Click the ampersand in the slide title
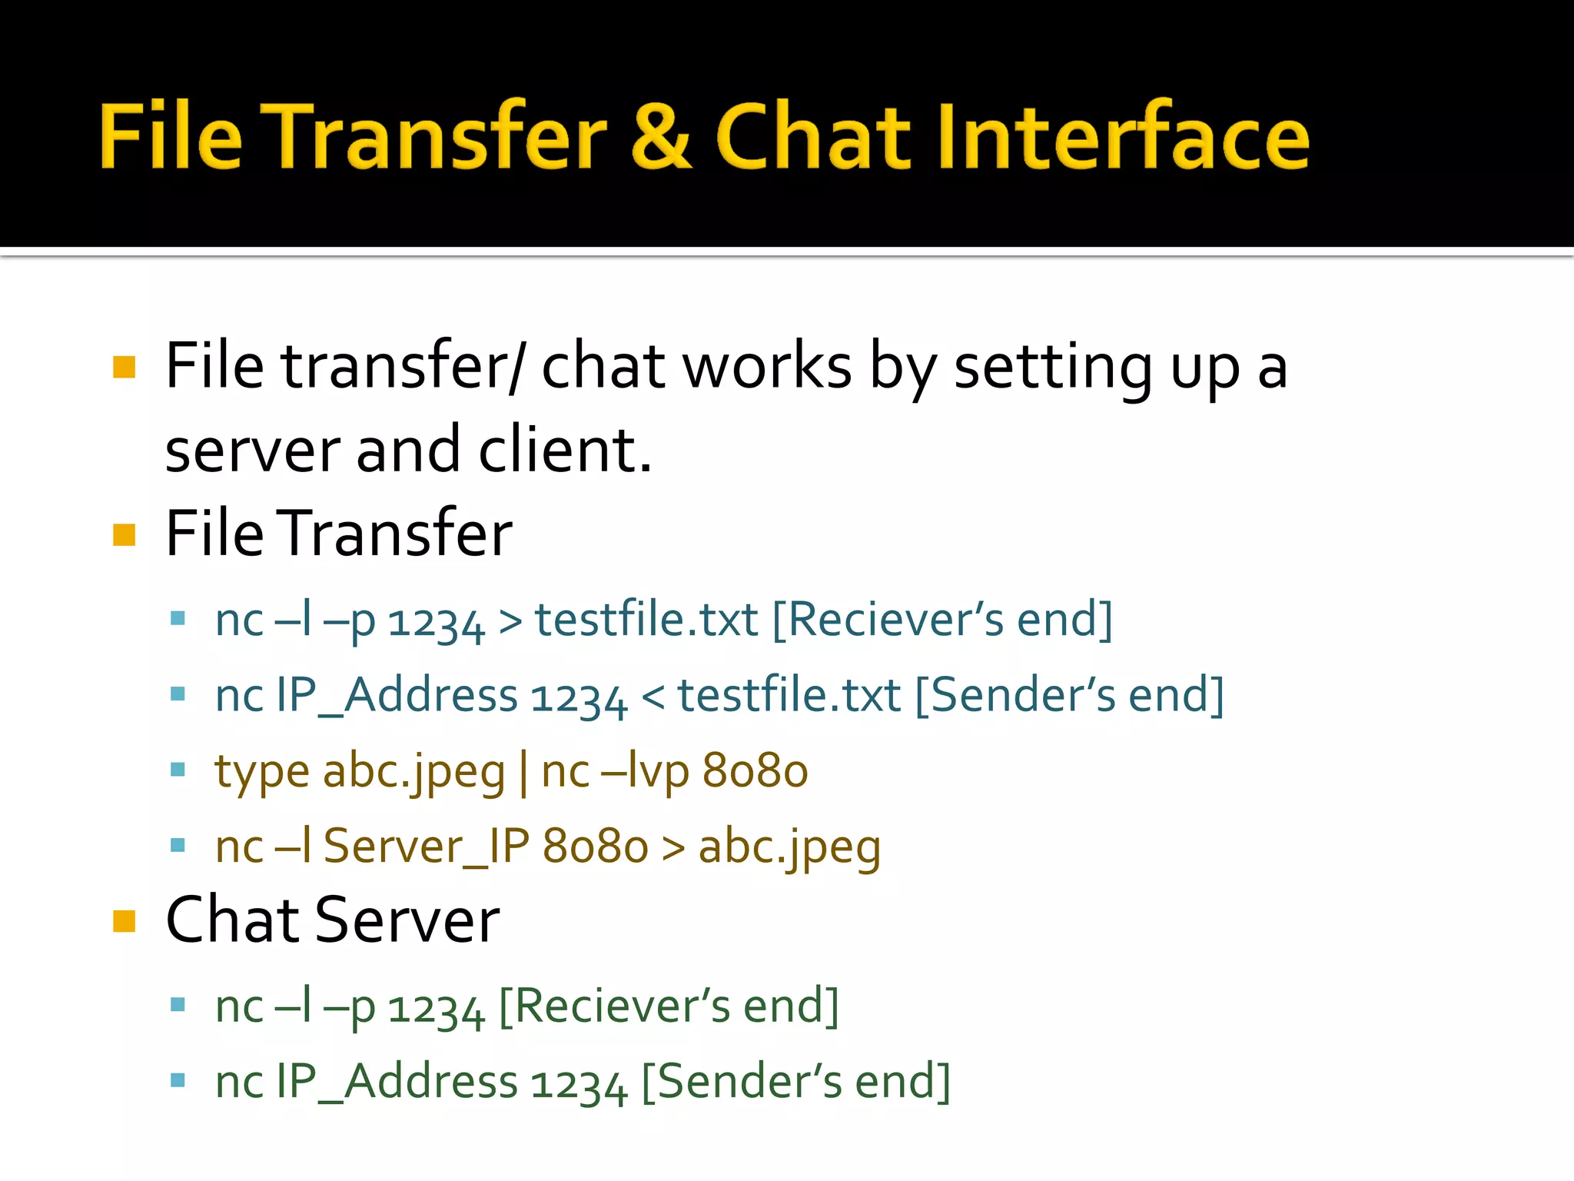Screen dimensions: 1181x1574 (x=660, y=137)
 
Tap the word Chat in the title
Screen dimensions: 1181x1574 (x=812, y=137)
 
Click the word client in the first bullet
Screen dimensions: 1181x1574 (x=564, y=451)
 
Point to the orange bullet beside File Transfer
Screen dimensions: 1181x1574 (x=124, y=534)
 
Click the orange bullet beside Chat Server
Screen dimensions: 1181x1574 (x=124, y=920)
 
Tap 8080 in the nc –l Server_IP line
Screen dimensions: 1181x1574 (x=596, y=847)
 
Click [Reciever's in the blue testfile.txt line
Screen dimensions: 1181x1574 (x=888, y=620)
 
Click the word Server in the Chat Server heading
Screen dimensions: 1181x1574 (x=407, y=920)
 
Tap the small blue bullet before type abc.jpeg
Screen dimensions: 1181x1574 (x=178, y=770)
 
